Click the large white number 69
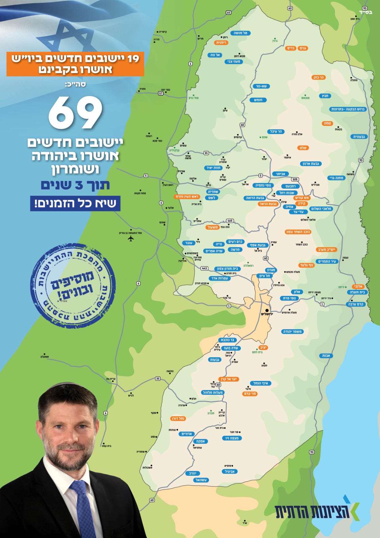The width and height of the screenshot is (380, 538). tap(75, 113)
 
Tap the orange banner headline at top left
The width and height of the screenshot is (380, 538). tap(75, 64)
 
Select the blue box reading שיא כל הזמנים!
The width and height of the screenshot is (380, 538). tap(75, 203)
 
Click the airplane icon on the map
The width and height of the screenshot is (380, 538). tap(131, 238)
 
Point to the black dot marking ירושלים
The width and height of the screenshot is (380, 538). tap(267, 310)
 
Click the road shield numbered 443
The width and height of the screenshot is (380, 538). tap(204, 268)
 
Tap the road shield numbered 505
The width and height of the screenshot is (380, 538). tap(295, 179)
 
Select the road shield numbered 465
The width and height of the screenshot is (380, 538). tap(230, 221)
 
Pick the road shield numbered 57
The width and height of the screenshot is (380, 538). tap(161, 93)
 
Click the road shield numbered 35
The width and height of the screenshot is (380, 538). tap(158, 379)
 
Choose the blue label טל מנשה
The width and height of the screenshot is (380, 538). tap(240, 33)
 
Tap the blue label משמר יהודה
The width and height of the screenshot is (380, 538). tap(292, 332)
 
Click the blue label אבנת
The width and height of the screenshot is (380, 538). tap(326, 355)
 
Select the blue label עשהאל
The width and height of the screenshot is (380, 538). tap(201, 480)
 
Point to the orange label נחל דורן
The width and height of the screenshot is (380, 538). tap(178, 419)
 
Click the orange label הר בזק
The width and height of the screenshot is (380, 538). tap(319, 77)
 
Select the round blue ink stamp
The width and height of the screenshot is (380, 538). tap(73, 286)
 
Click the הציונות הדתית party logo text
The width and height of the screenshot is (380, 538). tap(312, 511)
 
